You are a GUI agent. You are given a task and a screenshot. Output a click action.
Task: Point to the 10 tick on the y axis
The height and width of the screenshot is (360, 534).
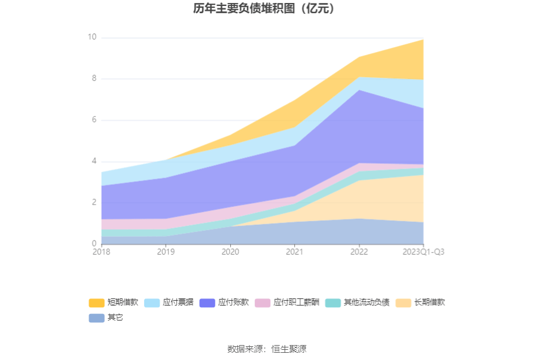tap(91, 37)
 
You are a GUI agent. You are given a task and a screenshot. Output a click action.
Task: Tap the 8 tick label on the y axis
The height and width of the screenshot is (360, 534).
tap(93, 78)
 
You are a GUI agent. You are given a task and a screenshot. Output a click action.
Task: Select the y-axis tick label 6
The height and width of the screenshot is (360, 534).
tap(93, 120)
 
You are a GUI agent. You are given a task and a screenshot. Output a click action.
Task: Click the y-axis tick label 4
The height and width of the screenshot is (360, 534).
tap(93, 161)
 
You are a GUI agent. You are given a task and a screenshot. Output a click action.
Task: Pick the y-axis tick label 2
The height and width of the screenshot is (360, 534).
tap(93, 202)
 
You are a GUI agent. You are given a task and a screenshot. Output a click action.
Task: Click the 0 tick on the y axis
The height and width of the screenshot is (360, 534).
tap(93, 243)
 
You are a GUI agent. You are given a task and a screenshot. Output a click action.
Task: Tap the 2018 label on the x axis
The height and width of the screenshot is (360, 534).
tap(101, 252)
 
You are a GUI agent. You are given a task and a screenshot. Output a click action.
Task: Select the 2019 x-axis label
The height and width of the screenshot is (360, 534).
tap(166, 252)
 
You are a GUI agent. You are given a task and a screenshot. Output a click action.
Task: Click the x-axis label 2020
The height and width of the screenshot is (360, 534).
tap(230, 252)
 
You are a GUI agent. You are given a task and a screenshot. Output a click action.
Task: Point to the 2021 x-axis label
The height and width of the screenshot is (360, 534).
tap(294, 252)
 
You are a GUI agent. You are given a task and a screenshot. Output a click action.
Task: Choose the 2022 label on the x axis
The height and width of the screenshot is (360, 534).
tap(359, 252)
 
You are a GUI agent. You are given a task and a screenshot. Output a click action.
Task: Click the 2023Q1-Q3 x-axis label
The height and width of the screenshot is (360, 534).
tap(423, 252)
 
